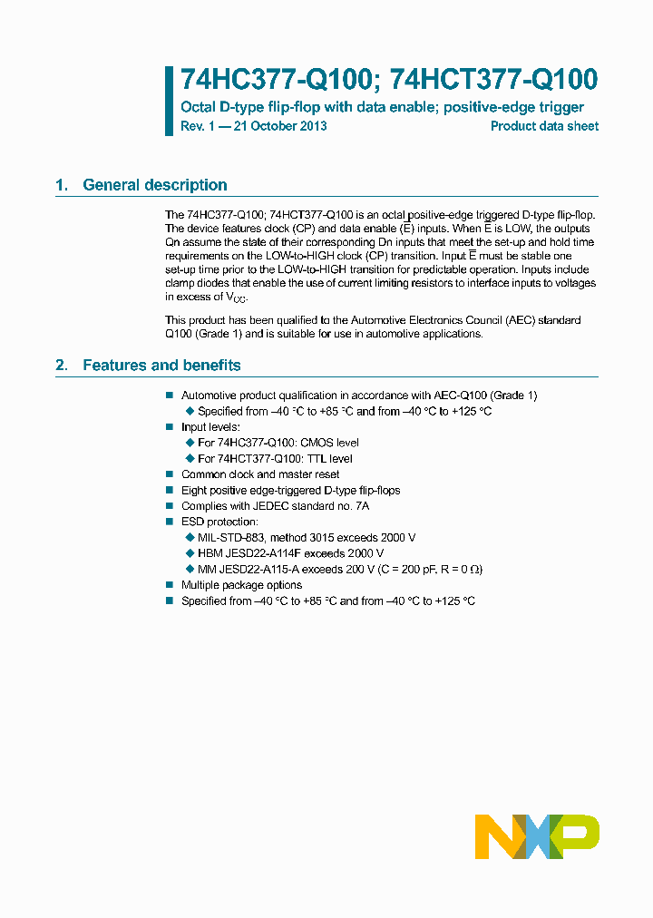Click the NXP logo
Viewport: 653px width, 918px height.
click(x=537, y=836)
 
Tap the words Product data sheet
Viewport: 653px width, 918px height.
click(x=544, y=126)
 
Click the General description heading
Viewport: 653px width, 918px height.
click(x=154, y=185)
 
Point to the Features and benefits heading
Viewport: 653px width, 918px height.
click(x=161, y=366)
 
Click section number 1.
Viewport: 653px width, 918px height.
click(x=61, y=185)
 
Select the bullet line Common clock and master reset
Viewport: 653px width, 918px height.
click(x=260, y=474)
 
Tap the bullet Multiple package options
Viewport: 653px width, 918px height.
click(x=241, y=585)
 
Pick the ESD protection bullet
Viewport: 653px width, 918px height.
click(x=219, y=522)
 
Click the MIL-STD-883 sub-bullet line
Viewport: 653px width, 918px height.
click(x=307, y=538)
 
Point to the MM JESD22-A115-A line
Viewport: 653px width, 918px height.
click(x=340, y=570)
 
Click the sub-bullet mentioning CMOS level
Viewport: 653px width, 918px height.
click(x=278, y=443)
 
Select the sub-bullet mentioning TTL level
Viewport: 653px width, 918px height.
click(x=275, y=459)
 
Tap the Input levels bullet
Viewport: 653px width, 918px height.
click(x=210, y=426)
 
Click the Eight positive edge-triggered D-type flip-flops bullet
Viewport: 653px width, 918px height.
click(x=290, y=490)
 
